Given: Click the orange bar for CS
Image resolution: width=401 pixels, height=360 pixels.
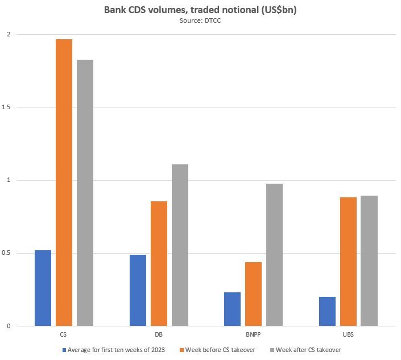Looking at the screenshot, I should [64, 183].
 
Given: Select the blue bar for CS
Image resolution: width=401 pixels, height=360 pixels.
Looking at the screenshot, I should [43, 288].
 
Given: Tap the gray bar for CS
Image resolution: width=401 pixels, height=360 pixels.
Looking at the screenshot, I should [85, 193].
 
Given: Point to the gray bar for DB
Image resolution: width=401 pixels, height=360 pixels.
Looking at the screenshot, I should [180, 245].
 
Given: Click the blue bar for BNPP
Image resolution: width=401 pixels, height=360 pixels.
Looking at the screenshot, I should [232, 309].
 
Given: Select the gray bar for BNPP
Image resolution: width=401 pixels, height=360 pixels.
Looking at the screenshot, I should [274, 255].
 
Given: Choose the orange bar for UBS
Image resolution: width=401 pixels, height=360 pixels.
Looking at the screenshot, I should [348, 262].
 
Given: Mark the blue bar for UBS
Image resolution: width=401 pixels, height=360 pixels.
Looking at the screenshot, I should [327, 311].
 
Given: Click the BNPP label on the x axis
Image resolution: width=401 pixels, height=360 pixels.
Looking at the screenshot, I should [253, 334].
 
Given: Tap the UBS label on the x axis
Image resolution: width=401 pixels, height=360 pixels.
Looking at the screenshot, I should [348, 334].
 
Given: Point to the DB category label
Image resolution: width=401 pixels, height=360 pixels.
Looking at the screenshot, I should [159, 334].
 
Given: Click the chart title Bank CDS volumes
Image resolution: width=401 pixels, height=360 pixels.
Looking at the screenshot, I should [200, 10].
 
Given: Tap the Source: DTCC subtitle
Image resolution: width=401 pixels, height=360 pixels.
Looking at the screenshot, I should [200, 20].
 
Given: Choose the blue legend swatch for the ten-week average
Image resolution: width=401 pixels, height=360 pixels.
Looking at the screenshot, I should [64, 350].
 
